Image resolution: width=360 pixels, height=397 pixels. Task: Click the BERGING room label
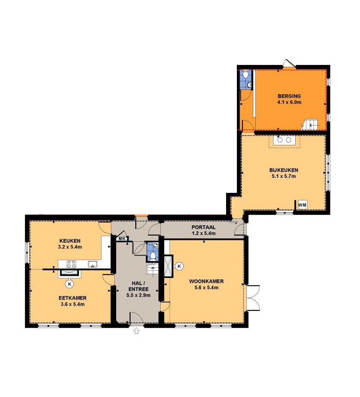[289, 96]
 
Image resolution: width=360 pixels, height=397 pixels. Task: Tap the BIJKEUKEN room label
[283, 170]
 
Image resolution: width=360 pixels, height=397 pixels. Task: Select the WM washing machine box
[302, 205]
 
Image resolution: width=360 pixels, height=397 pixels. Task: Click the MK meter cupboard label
[122, 239]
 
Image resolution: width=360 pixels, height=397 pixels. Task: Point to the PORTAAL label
[203, 227]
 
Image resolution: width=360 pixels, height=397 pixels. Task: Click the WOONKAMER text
[206, 281]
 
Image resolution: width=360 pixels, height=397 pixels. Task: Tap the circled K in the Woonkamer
[179, 266]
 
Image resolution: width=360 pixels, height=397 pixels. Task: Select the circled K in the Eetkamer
[69, 284]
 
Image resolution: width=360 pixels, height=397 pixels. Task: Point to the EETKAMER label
[72, 298]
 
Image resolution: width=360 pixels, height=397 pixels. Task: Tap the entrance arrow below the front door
[136, 331]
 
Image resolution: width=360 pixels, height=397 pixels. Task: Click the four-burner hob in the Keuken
[71, 264]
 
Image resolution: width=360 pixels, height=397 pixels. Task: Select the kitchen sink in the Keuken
[93, 264]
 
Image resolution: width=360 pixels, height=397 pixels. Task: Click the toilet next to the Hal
[153, 256]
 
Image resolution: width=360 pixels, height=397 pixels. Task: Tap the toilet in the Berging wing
[245, 74]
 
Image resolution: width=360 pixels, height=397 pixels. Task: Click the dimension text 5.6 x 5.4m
[206, 287]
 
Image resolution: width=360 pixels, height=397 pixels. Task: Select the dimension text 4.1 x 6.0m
[289, 103]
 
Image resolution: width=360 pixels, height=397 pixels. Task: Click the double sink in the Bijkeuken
[284, 140]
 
